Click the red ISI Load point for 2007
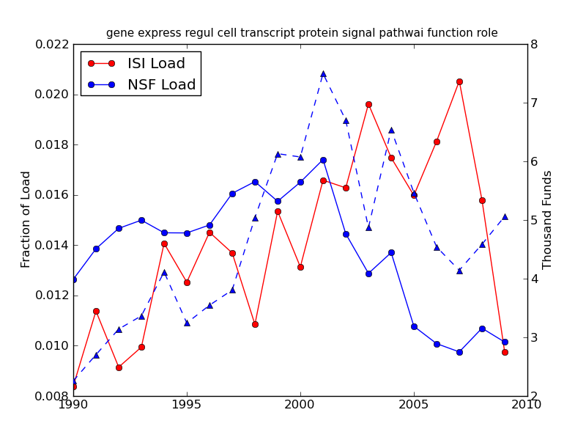click(459, 81)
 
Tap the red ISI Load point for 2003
click(368, 104)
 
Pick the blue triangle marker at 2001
click(323, 73)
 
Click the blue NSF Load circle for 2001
click(323, 160)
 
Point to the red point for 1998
click(255, 324)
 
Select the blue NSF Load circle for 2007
click(459, 352)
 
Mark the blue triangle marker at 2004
click(391, 130)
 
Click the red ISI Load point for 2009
click(505, 352)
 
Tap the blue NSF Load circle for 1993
click(141, 220)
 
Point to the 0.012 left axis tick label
click(52, 296)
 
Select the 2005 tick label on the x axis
click(414, 405)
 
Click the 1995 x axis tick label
click(187, 405)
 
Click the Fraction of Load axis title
click(26, 219)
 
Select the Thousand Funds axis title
click(548, 219)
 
